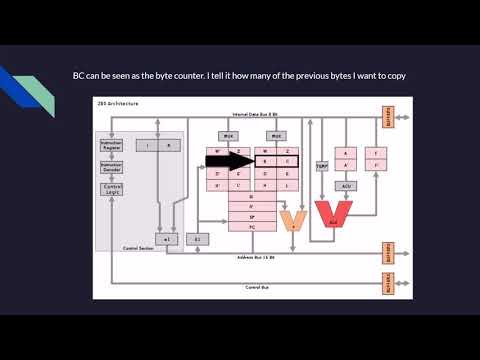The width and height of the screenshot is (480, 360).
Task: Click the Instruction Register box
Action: (112, 145)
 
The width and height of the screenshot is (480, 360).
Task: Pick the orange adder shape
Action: (293, 219)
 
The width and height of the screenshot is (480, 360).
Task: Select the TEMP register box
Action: (322, 167)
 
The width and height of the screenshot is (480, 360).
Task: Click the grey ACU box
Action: (346, 186)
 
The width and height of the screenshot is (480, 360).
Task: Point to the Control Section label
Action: (137, 247)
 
